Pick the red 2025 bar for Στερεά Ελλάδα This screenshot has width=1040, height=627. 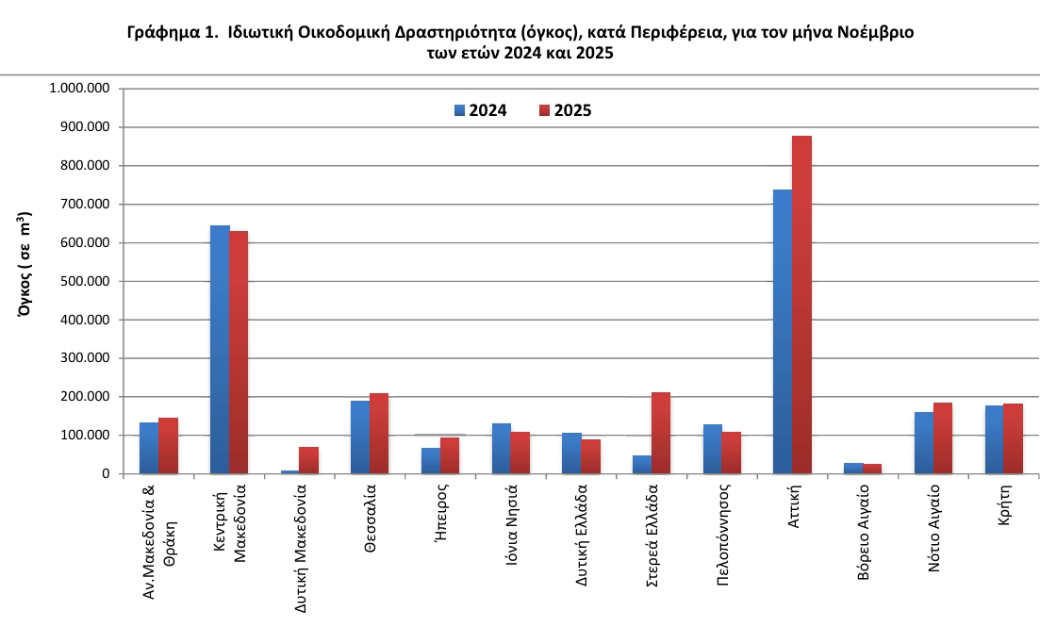coord(661,433)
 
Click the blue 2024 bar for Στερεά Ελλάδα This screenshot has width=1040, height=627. coord(641,464)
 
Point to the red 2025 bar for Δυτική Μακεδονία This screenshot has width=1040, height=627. coord(308,460)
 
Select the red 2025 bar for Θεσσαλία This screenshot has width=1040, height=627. coord(379,433)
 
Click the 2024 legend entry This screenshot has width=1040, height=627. coord(480,110)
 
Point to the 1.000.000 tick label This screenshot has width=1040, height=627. coord(80,89)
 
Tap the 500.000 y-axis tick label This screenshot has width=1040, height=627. coord(84,281)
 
